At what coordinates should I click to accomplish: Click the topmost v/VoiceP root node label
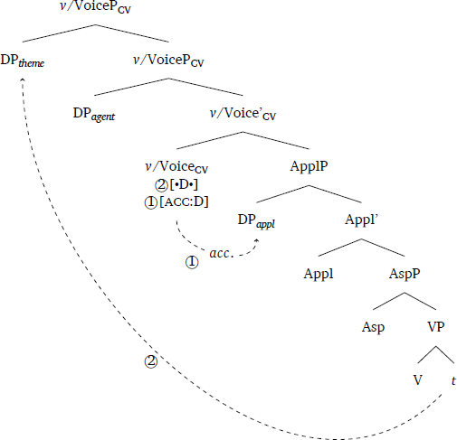[x=95, y=7]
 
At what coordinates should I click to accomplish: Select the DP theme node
[x=23, y=61]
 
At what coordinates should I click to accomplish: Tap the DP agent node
[x=94, y=115]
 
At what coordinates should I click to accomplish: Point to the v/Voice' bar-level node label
[x=243, y=114]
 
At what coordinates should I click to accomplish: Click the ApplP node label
[x=309, y=166]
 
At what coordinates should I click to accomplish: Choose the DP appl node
[x=256, y=220]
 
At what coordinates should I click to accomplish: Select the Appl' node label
[x=361, y=220]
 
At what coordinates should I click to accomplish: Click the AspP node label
[x=405, y=274]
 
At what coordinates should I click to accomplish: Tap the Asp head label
[x=373, y=328]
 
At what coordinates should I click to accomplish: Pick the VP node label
[x=436, y=327]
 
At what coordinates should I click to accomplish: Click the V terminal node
[x=417, y=380]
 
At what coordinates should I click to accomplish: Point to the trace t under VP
[x=453, y=380]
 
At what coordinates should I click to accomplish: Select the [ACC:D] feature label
[x=184, y=202]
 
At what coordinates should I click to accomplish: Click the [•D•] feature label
[x=184, y=185]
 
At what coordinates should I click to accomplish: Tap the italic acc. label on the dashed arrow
[x=222, y=254]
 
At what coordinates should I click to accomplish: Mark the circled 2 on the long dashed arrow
[x=151, y=361]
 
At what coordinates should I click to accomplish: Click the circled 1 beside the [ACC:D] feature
[x=151, y=202]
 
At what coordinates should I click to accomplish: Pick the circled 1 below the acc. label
[x=192, y=262]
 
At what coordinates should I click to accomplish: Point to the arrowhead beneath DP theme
[x=23, y=80]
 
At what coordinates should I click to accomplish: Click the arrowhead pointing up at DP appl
[x=257, y=241]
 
